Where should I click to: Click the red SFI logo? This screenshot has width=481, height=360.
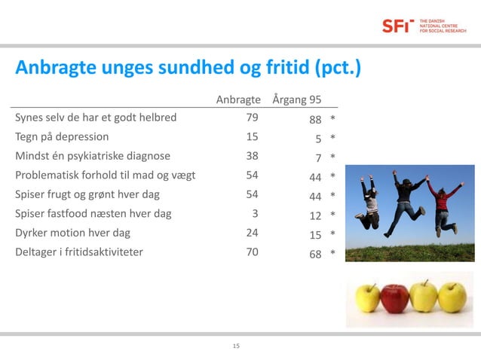[x=397, y=26]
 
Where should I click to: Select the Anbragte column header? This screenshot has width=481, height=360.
[x=238, y=99]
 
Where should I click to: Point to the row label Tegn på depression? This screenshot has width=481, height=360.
[x=62, y=137]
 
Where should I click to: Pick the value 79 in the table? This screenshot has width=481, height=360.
[x=252, y=117]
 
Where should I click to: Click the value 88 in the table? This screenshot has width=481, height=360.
[x=315, y=119]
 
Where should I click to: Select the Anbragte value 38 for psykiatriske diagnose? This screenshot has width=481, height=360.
[x=252, y=157]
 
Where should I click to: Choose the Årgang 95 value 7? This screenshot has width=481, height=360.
[x=319, y=158]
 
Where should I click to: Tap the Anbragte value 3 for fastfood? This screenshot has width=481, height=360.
[x=255, y=213]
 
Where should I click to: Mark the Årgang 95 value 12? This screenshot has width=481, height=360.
[x=315, y=215]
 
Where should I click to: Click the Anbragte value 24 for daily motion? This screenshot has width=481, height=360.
[x=252, y=233]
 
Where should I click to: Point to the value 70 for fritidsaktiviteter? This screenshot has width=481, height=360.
[x=252, y=252]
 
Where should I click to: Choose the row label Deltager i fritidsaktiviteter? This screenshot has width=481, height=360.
[x=78, y=252]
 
